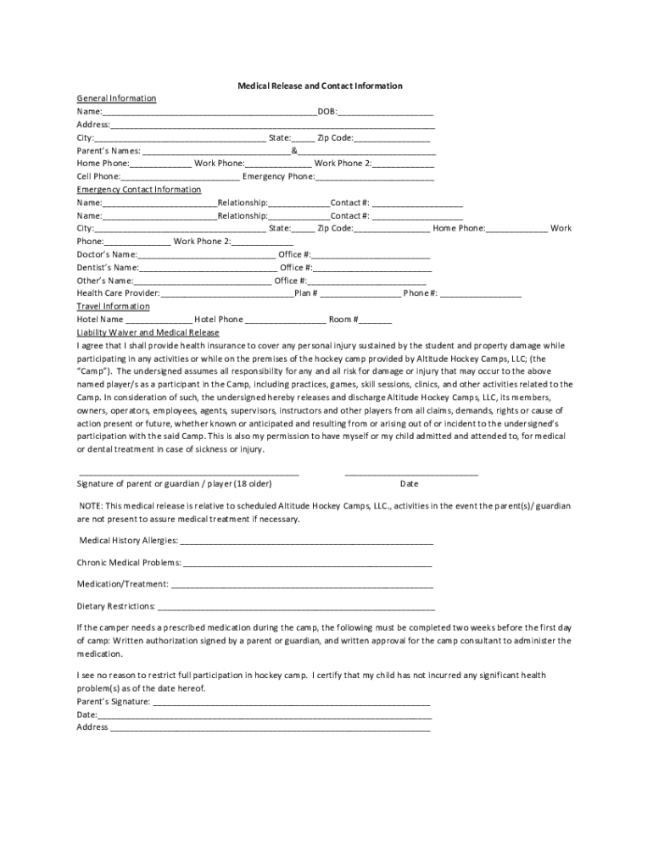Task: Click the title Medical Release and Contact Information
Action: tap(320, 86)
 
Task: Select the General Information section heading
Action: tap(116, 98)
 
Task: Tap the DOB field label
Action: tap(326, 111)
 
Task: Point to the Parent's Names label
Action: tap(109, 150)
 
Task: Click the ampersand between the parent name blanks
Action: tap(293, 150)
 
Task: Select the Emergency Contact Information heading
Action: tap(139, 189)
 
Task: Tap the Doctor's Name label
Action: tap(106, 254)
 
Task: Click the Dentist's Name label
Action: tap(107, 267)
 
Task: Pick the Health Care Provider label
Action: tap(118, 293)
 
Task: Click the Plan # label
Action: tap(305, 293)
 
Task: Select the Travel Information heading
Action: tap(113, 306)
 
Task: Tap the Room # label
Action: tap(343, 320)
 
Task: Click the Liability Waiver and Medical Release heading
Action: tap(153, 332)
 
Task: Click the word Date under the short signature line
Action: tap(409, 484)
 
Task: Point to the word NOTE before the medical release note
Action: tap(91, 506)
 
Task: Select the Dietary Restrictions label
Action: tap(115, 606)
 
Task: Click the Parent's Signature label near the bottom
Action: tap(114, 702)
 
